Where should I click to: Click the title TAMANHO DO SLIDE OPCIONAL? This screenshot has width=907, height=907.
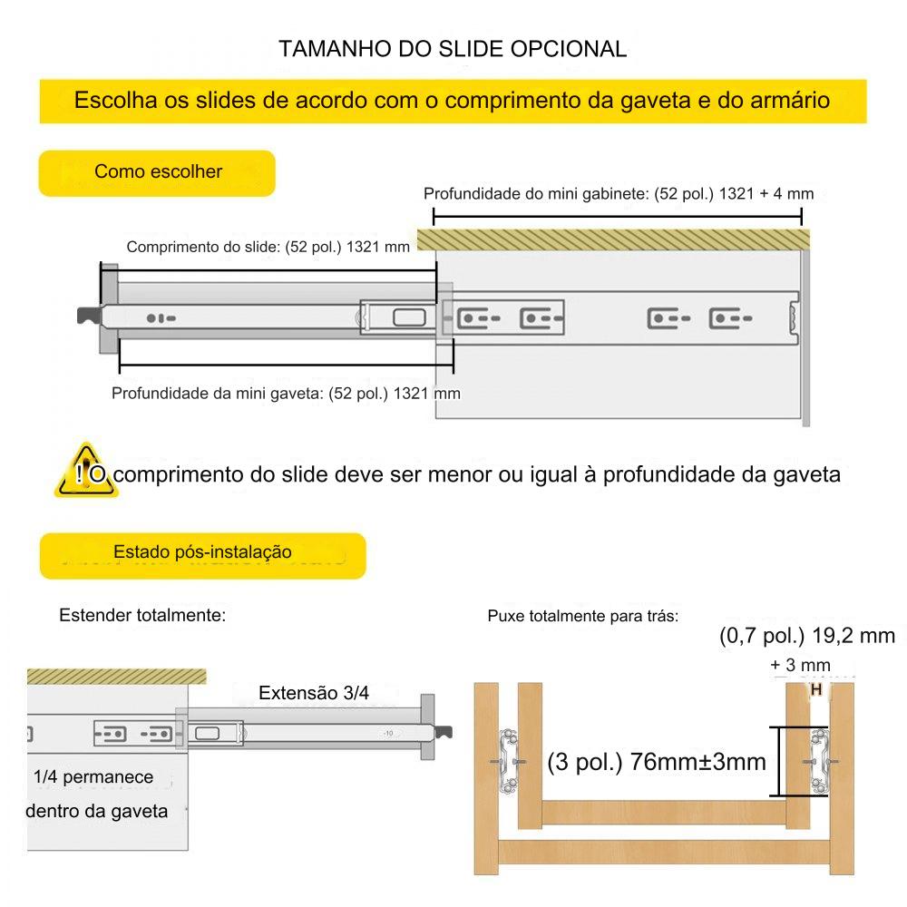click(453, 48)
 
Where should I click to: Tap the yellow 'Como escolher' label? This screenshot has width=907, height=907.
click(157, 172)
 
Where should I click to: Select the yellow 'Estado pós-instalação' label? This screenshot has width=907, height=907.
click(202, 553)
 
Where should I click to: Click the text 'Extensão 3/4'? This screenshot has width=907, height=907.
click(314, 694)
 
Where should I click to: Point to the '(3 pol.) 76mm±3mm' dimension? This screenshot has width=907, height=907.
click(657, 761)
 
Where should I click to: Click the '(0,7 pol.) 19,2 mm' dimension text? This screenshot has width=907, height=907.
click(806, 636)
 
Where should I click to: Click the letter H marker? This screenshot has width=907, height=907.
click(815, 690)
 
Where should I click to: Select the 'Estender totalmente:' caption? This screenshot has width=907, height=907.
click(141, 616)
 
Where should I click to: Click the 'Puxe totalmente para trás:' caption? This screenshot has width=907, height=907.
click(582, 617)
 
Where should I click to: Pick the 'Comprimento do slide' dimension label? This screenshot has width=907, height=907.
click(268, 247)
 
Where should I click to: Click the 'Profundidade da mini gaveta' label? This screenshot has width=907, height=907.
click(285, 394)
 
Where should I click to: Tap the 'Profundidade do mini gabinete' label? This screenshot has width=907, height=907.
click(619, 194)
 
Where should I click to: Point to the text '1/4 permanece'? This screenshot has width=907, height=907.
click(93, 777)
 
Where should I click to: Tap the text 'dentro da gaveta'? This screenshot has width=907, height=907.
click(96, 811)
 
